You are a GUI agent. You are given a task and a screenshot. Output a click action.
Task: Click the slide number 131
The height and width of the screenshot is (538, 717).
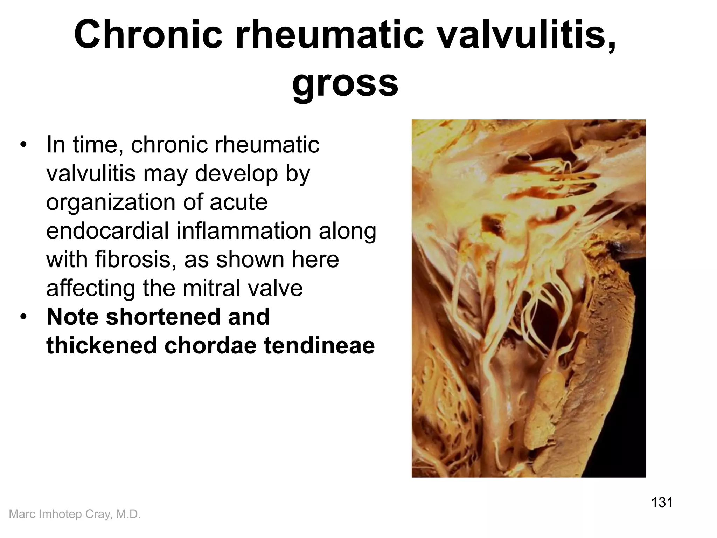[x=662, y=502]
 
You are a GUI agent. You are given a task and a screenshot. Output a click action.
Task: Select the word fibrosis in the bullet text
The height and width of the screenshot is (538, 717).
[x=136, y=260]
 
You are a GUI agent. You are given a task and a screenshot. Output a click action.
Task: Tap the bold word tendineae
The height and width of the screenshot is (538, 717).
[x=319, y=345]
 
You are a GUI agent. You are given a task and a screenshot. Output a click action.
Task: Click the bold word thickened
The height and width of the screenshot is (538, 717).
[x=102, y=345]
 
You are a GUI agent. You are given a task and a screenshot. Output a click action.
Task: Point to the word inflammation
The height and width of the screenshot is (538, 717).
[x=244, y=231]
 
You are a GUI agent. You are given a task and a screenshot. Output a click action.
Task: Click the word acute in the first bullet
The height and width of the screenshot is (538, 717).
[x=238, y=202]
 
